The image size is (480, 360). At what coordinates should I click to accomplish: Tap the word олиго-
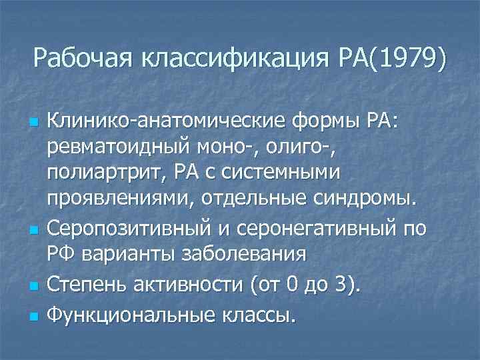click(292, 148)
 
